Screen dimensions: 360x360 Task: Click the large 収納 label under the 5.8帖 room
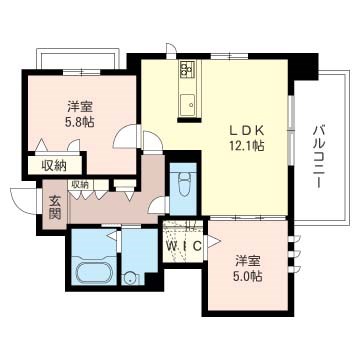(53, 166)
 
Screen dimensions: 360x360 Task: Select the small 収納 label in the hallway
(80, 184)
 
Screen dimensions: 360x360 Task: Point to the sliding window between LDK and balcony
(291, 150)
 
